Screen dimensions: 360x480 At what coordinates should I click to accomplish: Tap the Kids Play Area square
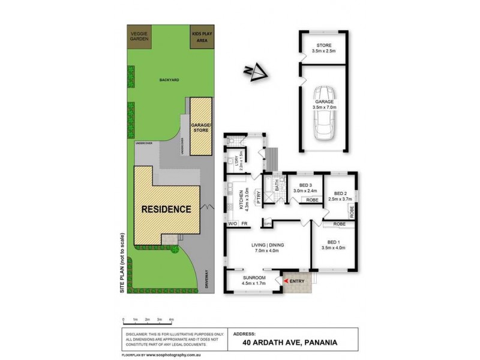[x=202, y=38]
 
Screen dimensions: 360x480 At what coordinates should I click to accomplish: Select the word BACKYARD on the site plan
[x=170, y=80]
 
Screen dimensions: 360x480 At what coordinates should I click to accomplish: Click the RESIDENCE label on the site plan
[x=166, y=209]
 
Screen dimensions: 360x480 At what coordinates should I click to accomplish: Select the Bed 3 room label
[x=306, y=185]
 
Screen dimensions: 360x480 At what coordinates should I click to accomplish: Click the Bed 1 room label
[x=334, y=243]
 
